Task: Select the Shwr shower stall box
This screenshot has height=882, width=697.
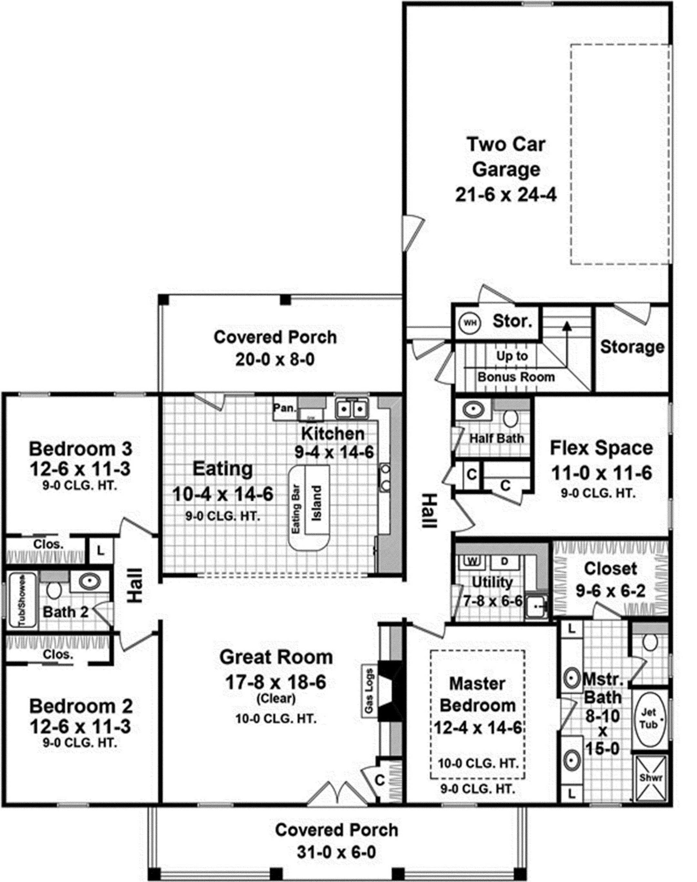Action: point(651,778)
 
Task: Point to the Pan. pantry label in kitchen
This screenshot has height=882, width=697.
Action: point(284,407)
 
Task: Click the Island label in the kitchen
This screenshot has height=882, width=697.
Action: point(317,503)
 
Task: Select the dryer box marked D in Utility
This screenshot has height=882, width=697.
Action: point(504,561)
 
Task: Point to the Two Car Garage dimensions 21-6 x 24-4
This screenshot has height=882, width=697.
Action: point(506,195)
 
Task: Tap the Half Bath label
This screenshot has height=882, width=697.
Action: point(496,438)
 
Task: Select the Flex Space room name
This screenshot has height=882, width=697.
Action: point(601,448)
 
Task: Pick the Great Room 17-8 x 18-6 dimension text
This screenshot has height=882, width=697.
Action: point(276,682)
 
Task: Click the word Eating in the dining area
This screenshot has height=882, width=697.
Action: point(222,469)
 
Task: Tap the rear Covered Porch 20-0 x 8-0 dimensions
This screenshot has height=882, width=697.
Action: point(275,360)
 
